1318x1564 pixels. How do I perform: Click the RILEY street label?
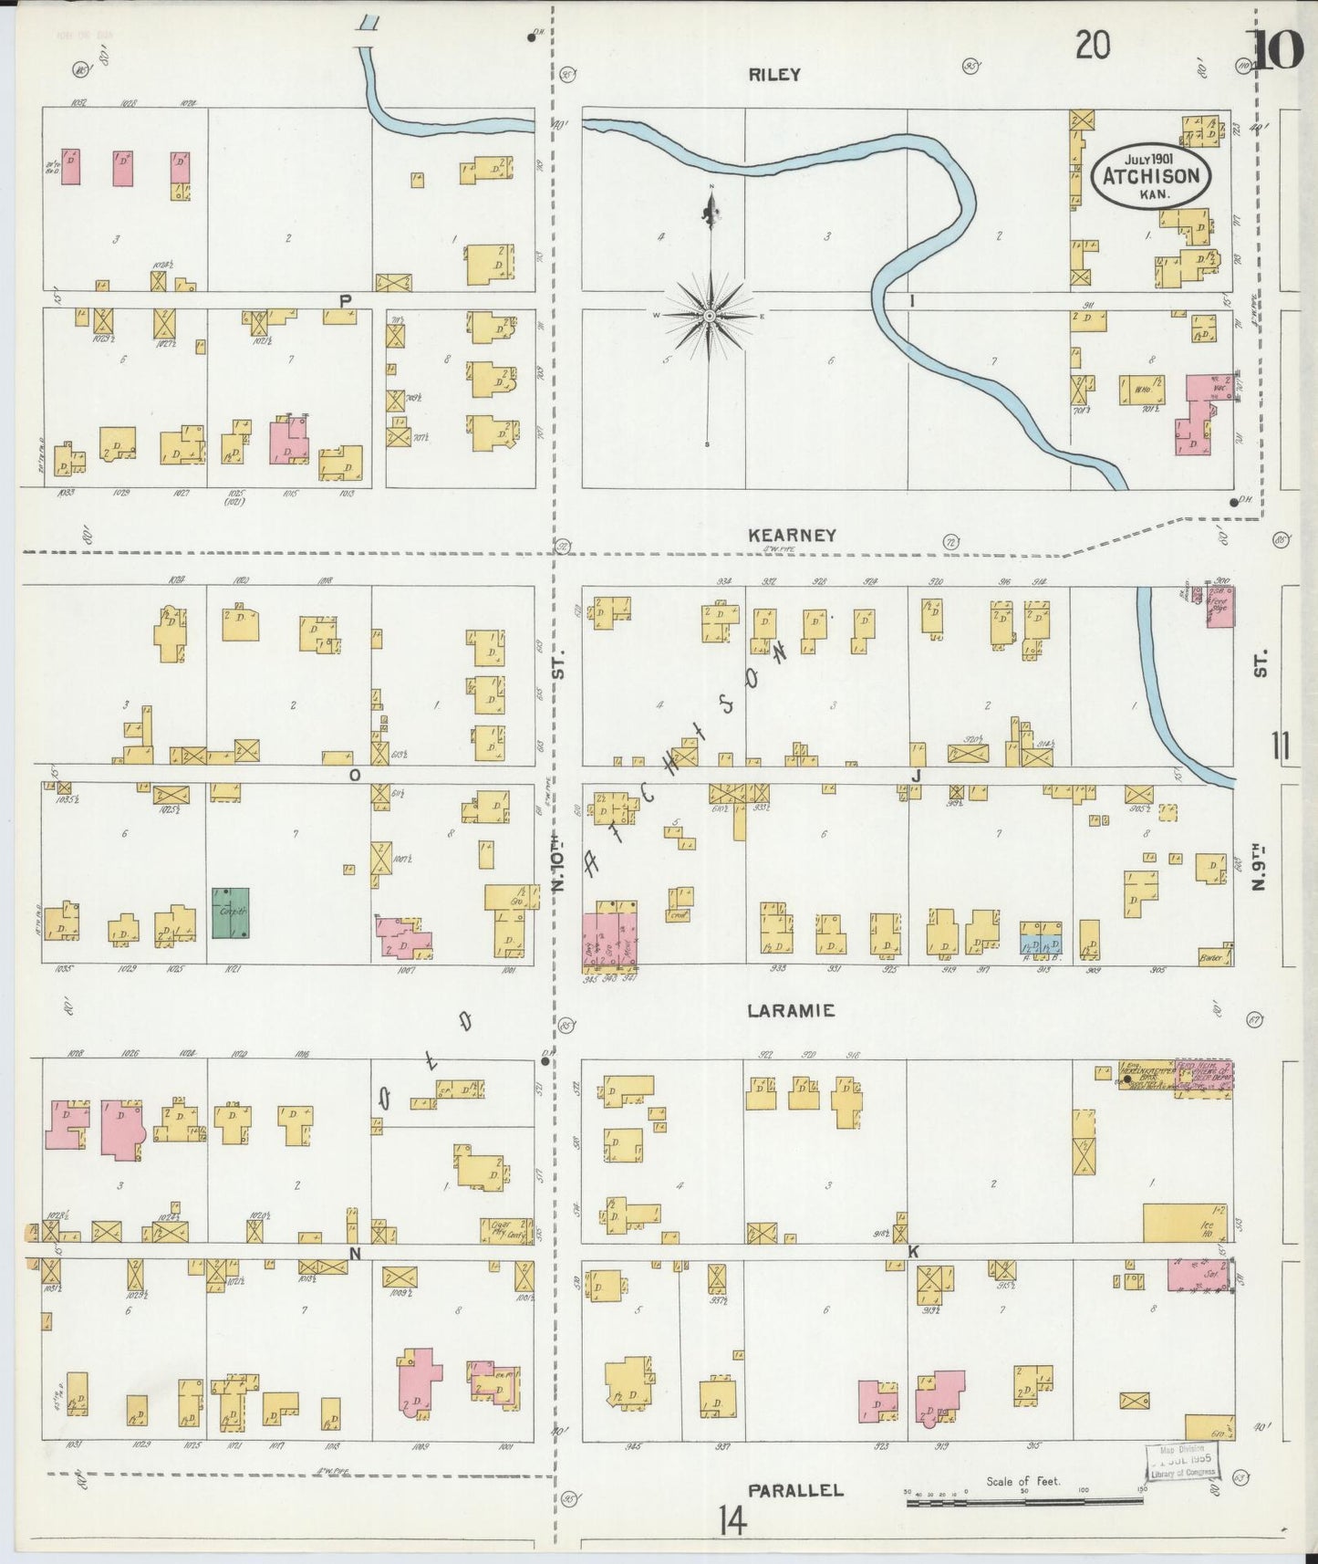coord(774,75)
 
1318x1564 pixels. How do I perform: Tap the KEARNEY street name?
coord(792,536)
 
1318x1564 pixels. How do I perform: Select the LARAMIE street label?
coord(791,1011)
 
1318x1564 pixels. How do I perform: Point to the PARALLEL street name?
coord(795,1490)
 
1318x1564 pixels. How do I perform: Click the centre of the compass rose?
coord(709,316)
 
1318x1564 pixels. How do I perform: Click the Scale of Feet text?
coord(1022,1480)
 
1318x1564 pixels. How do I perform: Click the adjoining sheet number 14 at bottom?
coord(732,1520)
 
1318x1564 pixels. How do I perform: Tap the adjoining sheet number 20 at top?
coord(1092,45)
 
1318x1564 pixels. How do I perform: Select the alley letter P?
coord(346,300)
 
